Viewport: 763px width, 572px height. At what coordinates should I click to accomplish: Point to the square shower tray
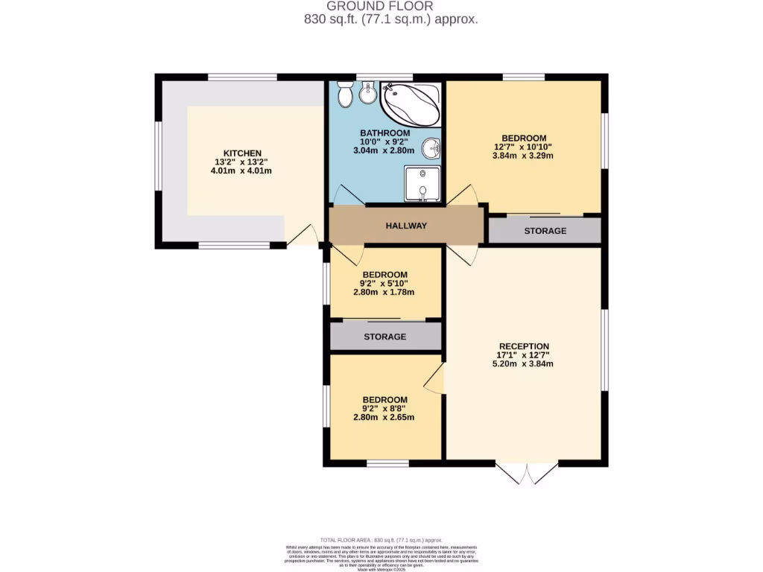point(422,184)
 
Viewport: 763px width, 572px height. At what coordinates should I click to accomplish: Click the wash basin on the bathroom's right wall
point(431,149)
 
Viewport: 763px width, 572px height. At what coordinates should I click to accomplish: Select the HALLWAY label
point(406,226)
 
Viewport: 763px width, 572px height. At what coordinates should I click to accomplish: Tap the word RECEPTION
point(524,346)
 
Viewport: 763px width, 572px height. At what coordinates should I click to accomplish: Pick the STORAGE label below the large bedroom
point(545,231)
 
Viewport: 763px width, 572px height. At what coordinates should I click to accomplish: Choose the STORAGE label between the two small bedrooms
point(384,337)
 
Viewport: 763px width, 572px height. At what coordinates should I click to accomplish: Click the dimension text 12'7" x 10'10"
point(524,147)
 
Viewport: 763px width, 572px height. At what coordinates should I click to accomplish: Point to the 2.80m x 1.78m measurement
point(384,292)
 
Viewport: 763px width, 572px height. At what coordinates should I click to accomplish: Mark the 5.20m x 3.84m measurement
point(524,364)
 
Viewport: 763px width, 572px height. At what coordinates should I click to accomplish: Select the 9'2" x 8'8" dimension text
point(384,408)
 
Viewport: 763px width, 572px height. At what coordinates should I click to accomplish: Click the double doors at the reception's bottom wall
point(526,474)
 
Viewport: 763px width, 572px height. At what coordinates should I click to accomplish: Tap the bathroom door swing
point(347,196)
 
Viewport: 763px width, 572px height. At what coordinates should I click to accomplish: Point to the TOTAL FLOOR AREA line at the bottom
point(381,539)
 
